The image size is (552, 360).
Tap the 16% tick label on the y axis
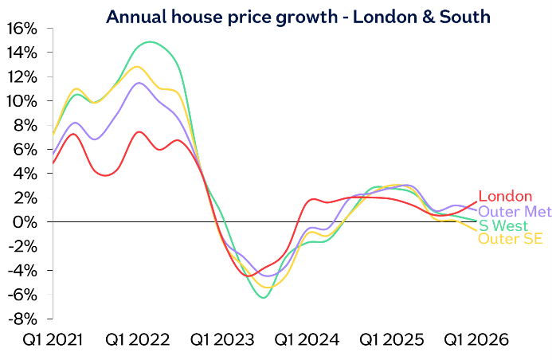21,29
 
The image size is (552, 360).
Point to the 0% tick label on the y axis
25,221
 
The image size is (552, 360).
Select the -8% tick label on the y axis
22,318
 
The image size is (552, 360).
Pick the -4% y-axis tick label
22,270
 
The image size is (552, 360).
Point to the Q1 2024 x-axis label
307,340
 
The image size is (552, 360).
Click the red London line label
507,197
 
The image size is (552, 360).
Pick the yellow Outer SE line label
510,238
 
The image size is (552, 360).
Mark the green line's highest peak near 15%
149,41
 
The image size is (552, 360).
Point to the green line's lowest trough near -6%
263,297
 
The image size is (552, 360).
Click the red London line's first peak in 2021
73,134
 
